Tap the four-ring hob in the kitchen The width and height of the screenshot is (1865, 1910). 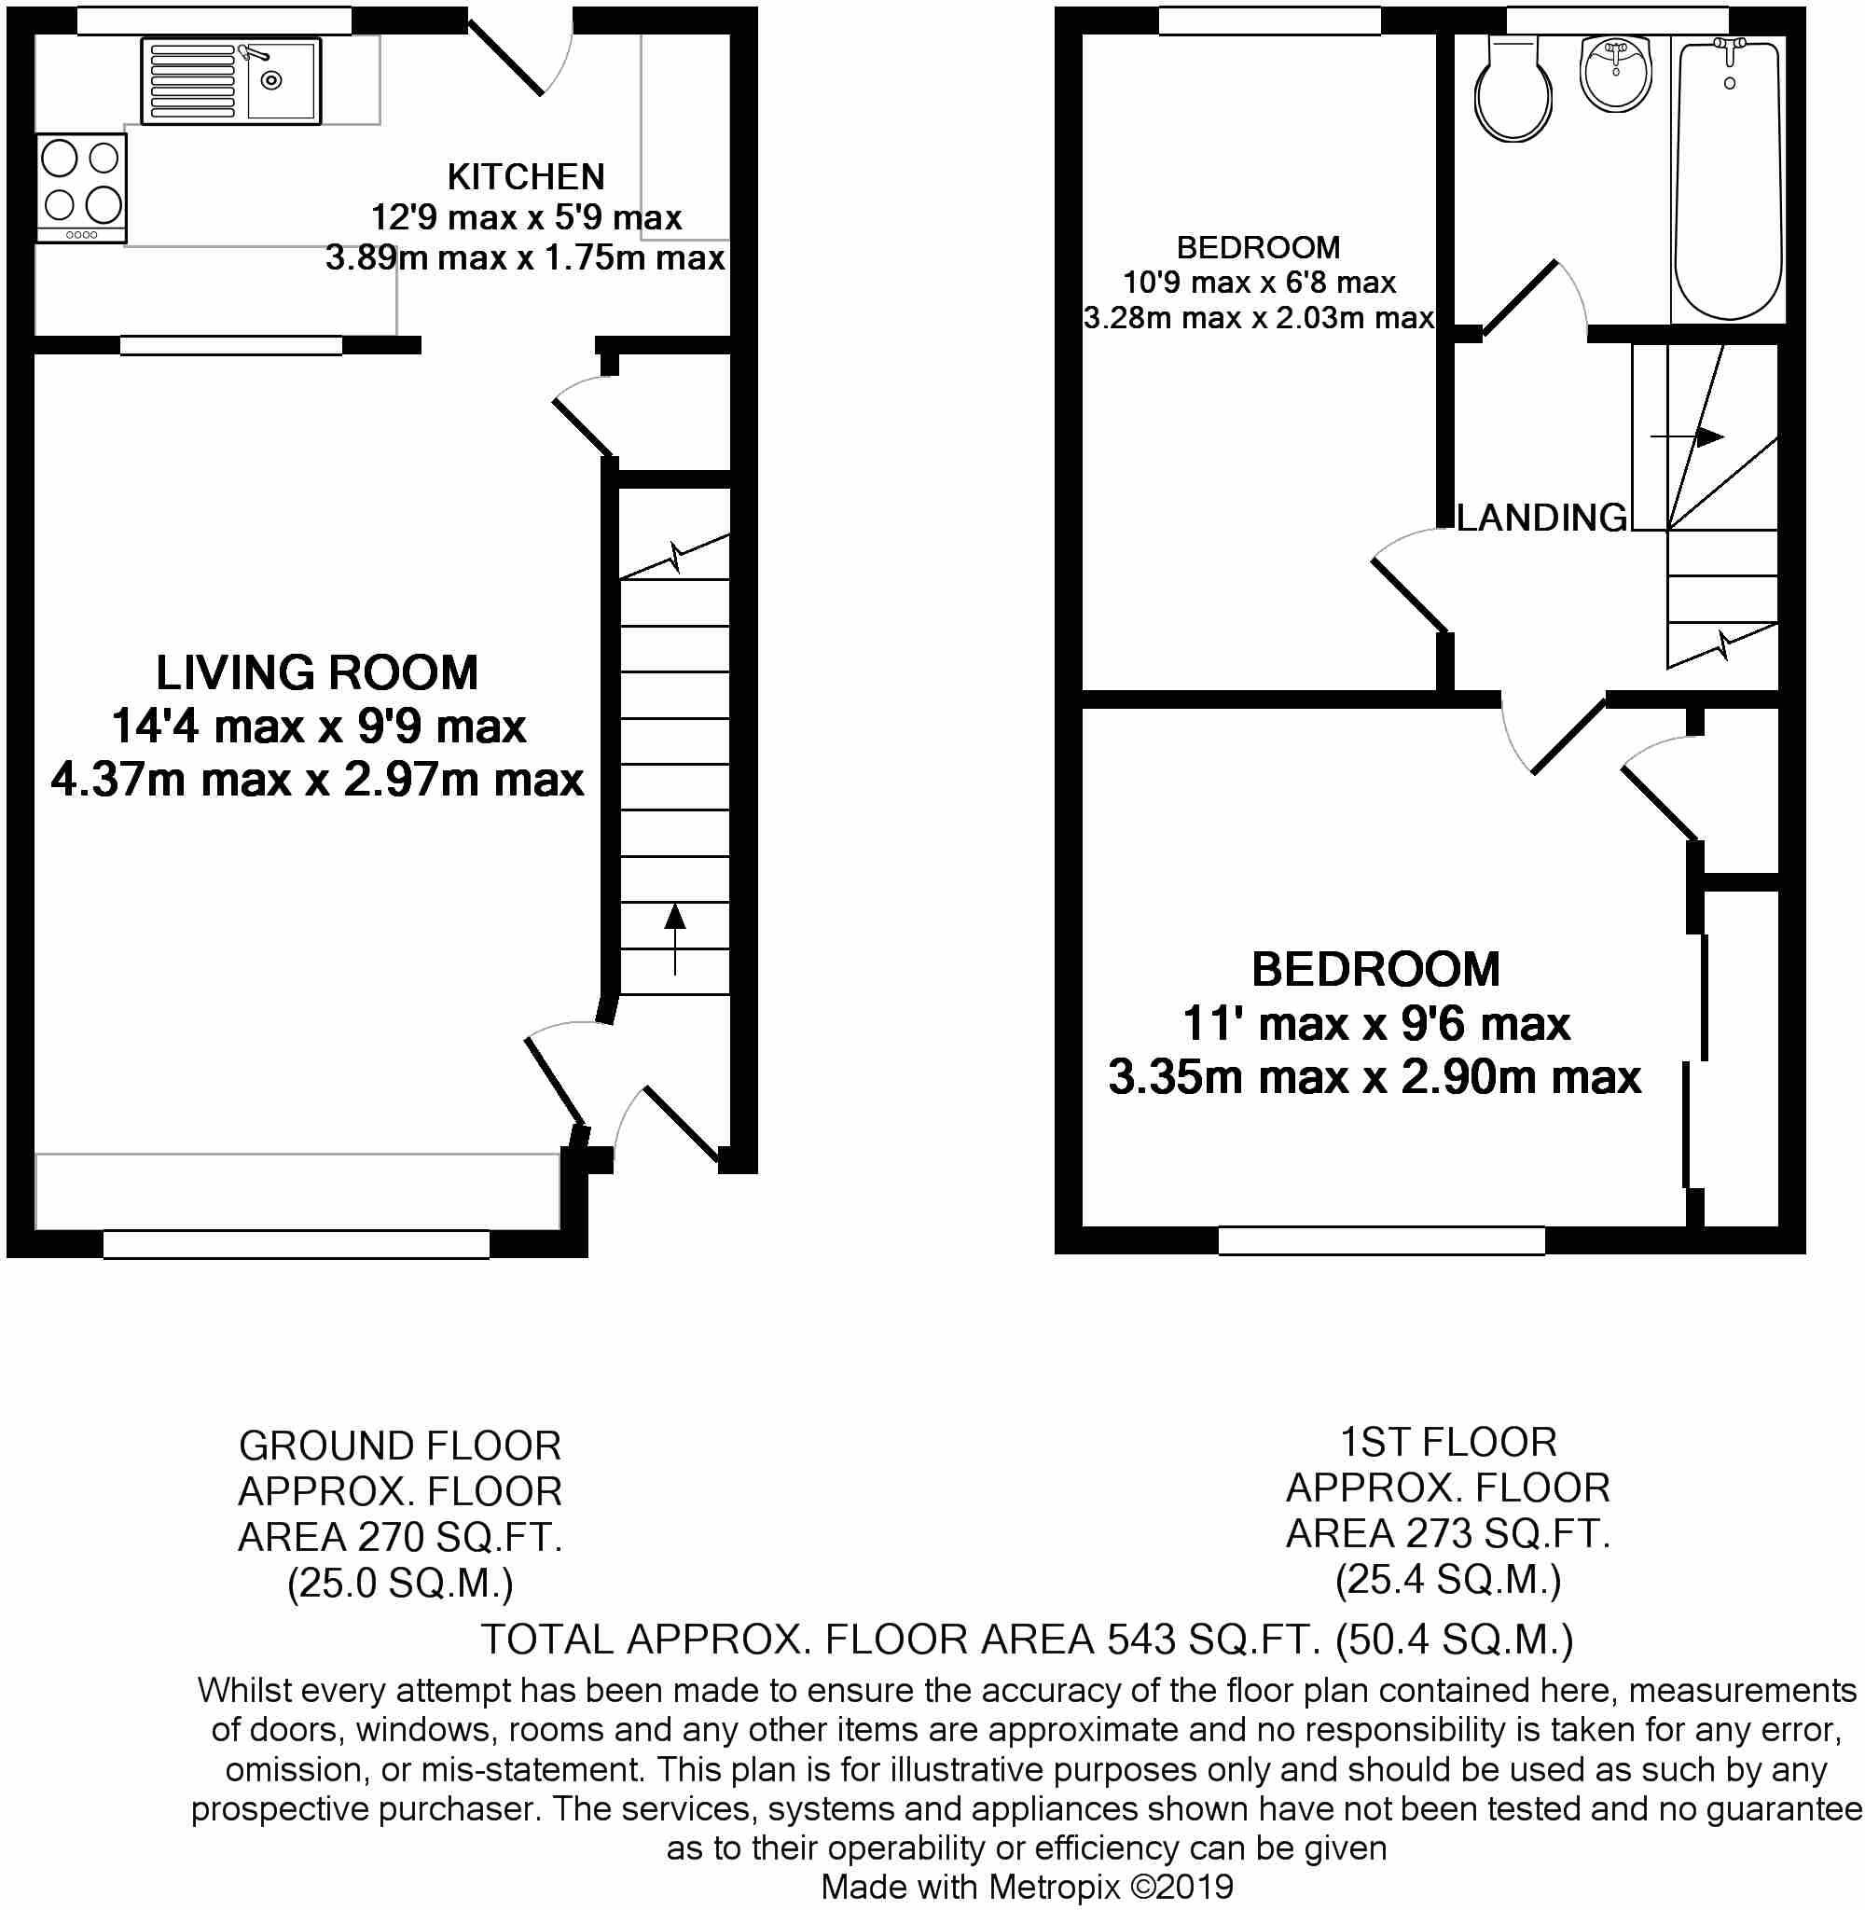[x=82, y=189]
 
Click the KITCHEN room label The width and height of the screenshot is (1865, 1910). [x=526, y=177]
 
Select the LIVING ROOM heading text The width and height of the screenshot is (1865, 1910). [x=317, y=674]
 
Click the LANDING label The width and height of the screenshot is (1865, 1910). [x=1541, y=519]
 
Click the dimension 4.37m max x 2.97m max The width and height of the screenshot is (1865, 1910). [x=317, y=781]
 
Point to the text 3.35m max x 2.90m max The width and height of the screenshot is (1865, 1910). [x=1375, y=1077]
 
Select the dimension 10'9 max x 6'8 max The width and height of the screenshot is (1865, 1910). [x=1259, y=284]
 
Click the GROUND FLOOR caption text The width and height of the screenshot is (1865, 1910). [x=400, y=1446]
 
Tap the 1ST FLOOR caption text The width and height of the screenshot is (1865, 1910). [x=1448, y=1442]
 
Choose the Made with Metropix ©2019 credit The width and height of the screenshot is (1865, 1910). [x=1027, y=1887]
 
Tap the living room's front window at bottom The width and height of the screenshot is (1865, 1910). [x=296, y=1244]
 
